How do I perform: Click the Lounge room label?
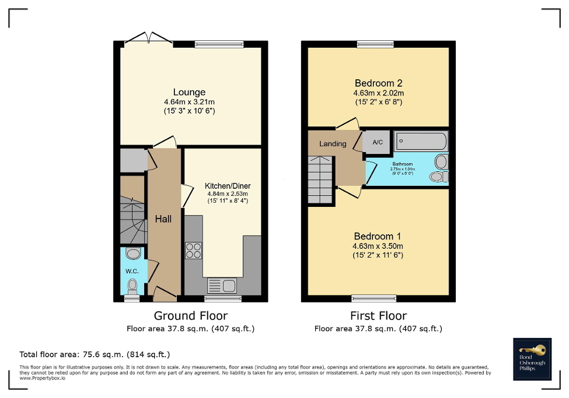coord(189,92)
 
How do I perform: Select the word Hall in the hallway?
coord(163,219)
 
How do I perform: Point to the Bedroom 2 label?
coord(378,83)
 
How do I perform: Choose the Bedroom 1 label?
coord(378,236)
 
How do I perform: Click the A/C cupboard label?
coord(377,142)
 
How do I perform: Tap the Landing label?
coord(333,144)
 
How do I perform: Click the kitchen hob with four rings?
coord(194,250)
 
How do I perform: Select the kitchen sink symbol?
coord(222,286)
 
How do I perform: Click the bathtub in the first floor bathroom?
coord(421,141)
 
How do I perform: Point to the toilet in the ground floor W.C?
coord(132,285)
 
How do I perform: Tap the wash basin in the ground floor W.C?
coord(134,253)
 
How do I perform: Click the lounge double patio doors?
coord(148,40)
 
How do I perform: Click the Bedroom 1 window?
coord(374,298)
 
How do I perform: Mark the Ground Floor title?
coord(190,316)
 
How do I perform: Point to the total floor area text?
coord(95,354)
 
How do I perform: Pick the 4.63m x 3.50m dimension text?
coord(378,246)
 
